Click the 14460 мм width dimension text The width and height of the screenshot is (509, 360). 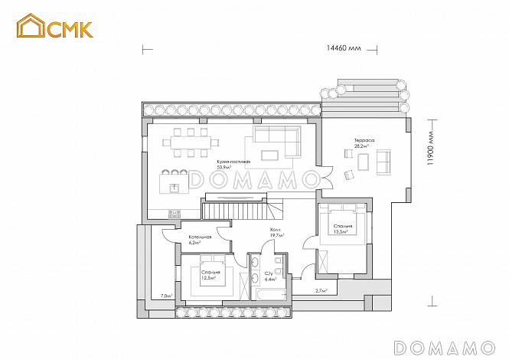click(344, 47)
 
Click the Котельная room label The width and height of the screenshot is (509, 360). click(200, 237)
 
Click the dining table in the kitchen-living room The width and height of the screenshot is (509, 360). click(192, 140)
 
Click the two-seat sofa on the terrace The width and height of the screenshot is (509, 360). click(383, 161)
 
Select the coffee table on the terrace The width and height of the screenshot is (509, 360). click(364, 162)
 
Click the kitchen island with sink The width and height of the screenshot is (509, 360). click(174, 184)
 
